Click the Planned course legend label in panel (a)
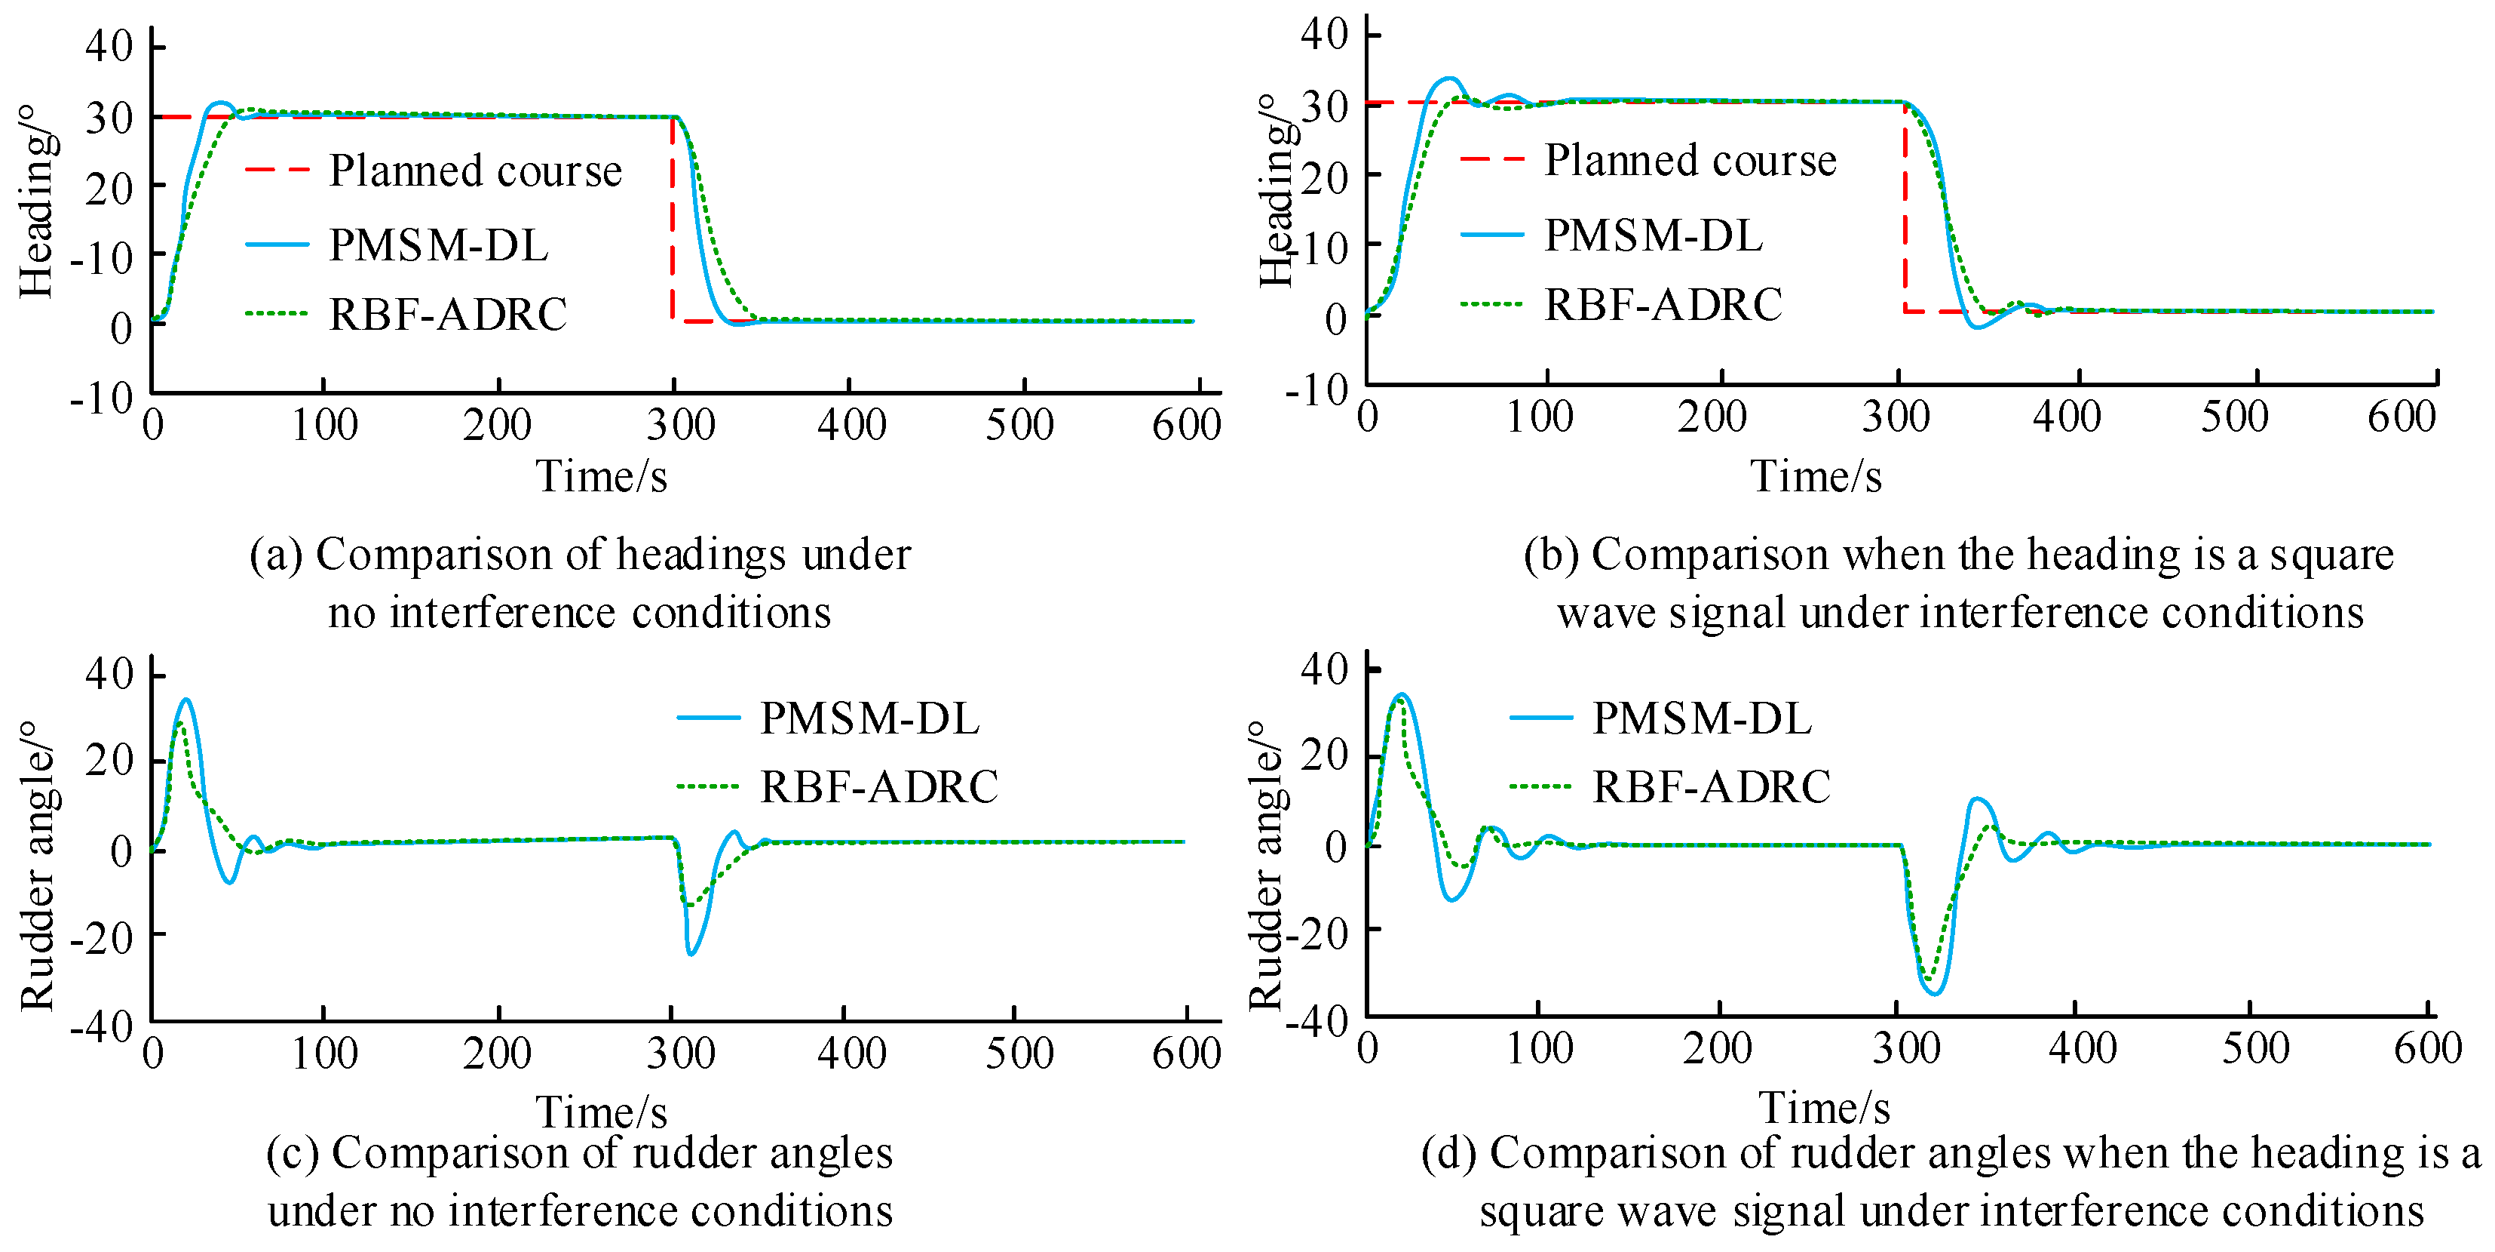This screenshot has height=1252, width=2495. (x=474, y=171)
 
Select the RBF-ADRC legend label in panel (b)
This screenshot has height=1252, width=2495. (x=1662, y=304)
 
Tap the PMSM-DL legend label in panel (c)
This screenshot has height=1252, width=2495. (x=869, y=718)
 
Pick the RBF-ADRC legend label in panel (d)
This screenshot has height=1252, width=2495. (x=1711, y=786)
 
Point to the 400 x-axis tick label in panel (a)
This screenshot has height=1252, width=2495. (x=851, y=424)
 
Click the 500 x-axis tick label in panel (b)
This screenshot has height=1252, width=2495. (x=2234, y=417)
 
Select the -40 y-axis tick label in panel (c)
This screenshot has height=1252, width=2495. (x=101, y=1026)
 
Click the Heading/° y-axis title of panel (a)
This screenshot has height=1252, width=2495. (x=37, y=201)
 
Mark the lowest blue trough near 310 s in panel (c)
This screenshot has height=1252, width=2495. (x=691, y=954)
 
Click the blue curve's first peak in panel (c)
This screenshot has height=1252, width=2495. (x=186, y=699)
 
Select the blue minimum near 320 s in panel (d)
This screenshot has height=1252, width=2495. (x=1934, y=993)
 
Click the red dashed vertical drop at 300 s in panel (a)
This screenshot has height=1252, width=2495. (x=672, y=223)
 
